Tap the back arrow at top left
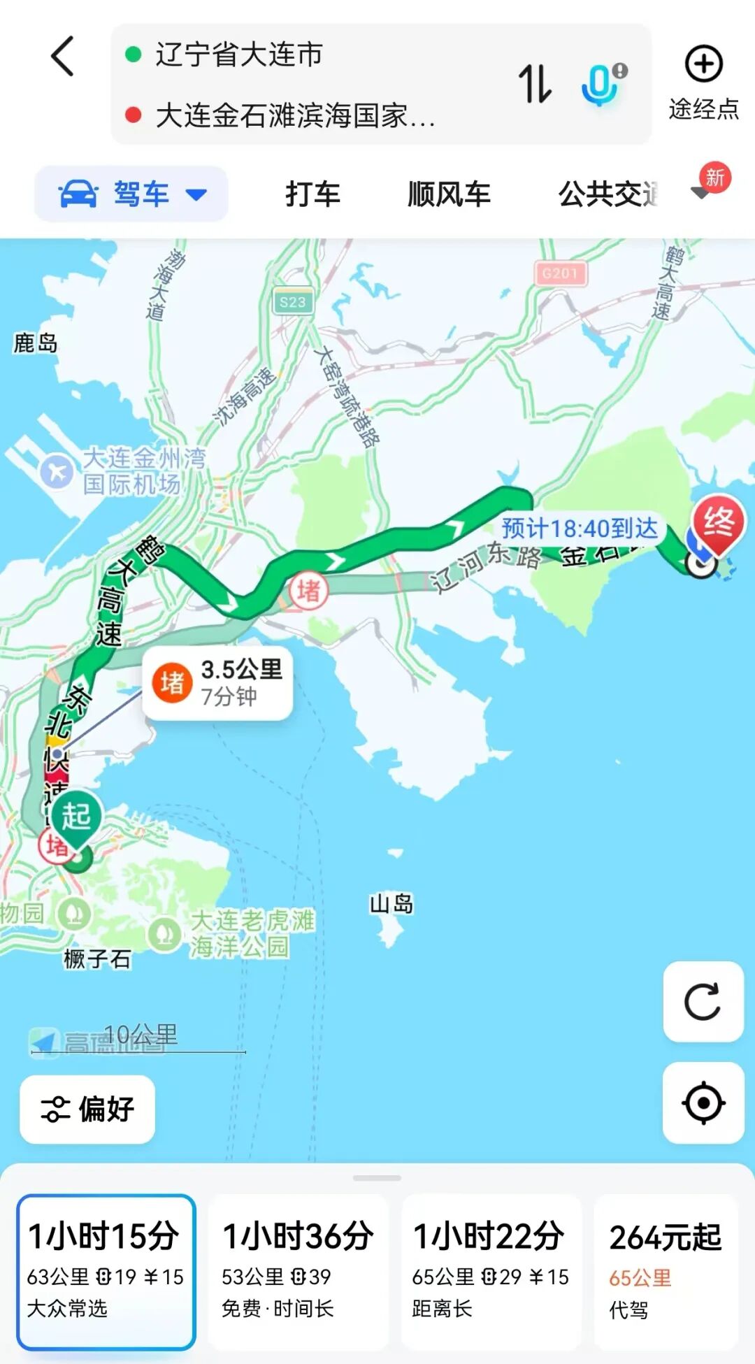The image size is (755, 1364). point(63,56)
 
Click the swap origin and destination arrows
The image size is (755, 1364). point(535,84)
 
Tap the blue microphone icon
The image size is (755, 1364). point(601,84)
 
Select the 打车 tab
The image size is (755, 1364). point(312,194)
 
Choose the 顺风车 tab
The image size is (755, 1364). point(449,194)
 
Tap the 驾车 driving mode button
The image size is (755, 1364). point(131,194)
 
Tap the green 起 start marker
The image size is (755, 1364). point(76,817)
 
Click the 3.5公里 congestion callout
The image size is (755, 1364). point(217,683)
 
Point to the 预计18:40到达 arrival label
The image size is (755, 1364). point(580,529)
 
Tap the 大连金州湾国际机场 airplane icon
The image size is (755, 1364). point(57,472)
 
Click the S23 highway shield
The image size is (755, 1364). point(292,302)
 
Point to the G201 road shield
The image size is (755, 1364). point(560,273)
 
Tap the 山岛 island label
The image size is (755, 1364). point(391,904)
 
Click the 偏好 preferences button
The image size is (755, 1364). point(87,1109)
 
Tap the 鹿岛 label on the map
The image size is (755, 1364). point(36,343)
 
